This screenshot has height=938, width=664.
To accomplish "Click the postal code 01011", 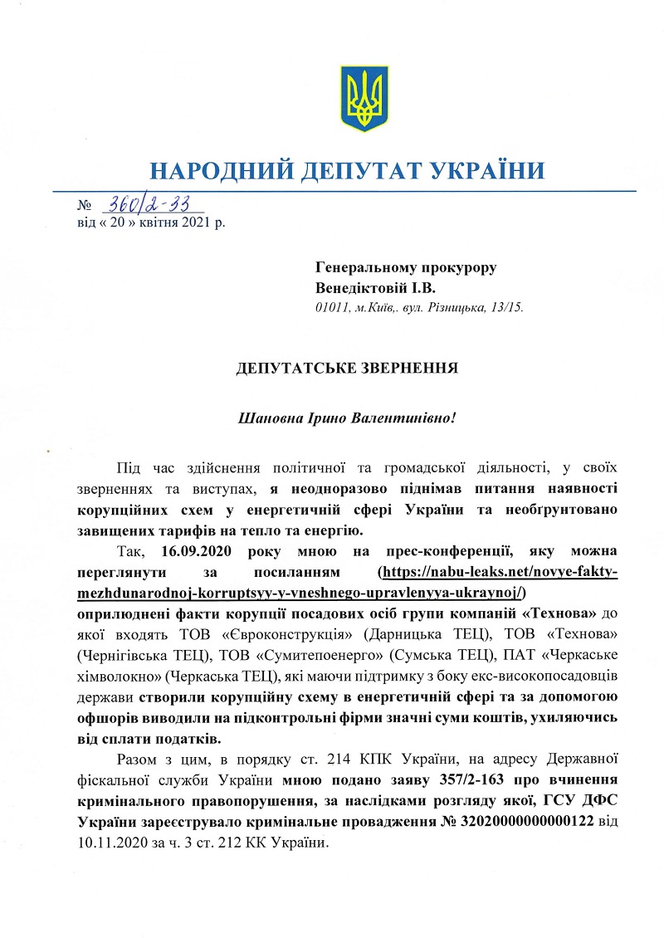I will click(x=332, y=308).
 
